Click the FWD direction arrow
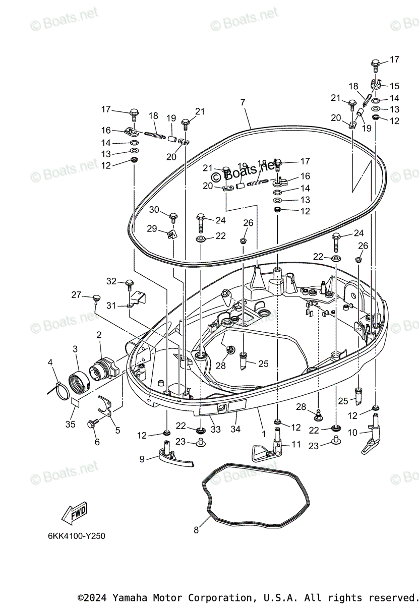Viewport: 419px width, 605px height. point(74,514)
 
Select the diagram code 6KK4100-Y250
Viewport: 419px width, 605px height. point(73,536)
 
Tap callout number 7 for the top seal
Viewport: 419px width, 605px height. point(243,102)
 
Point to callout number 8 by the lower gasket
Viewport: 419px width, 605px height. point(196,530)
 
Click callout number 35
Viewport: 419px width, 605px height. point(70,424)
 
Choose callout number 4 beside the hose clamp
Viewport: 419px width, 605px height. point(50,362)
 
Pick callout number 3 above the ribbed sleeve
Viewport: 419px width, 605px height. point(75,348)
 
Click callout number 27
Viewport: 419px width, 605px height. point(76,295)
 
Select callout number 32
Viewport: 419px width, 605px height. point(111,281)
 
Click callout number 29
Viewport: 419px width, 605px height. point(152,228)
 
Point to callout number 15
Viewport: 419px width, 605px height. point(394,86)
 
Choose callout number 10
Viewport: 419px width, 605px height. point(352,432)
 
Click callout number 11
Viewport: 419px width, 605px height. point(295,444)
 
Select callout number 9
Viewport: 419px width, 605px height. point(142,459)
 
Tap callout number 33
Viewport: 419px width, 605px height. point(216,430)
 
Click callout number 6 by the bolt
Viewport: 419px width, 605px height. point(97,442)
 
